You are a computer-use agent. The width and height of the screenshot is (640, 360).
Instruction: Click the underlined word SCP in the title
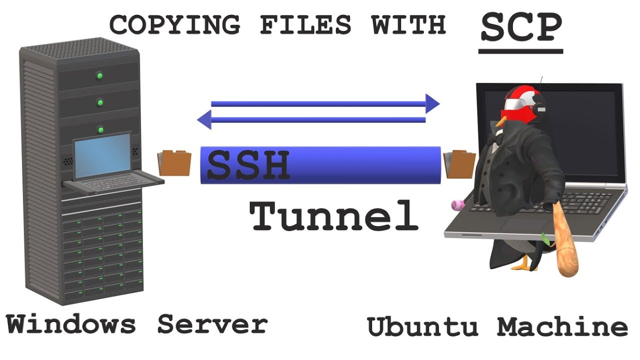coord(521,27)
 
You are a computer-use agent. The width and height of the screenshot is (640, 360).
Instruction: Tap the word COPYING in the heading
coord(174,24)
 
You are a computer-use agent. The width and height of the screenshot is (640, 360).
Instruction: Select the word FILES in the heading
coord(305,24)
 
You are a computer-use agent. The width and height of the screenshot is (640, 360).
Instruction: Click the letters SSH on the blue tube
coord(248,165)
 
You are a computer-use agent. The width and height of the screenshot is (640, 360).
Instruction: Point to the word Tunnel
coord(334,215)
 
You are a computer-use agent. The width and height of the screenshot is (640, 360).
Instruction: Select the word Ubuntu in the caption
coord(422,326)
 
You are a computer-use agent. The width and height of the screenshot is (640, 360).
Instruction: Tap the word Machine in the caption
coord(562,326)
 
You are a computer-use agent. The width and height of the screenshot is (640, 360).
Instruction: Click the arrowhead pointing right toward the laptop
coord(432,103)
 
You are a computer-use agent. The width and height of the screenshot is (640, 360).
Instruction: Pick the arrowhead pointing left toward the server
coord(204,119)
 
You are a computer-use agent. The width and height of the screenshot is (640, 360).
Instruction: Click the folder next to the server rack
coord(174,163)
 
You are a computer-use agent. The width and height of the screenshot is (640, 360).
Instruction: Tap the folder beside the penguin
coord(459,164)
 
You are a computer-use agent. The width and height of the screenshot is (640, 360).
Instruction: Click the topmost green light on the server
coord(99,76)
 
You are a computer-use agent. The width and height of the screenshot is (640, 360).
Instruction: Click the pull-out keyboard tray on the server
coord(113,181)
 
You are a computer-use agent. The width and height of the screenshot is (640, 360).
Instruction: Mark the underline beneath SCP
coord(521,51)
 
